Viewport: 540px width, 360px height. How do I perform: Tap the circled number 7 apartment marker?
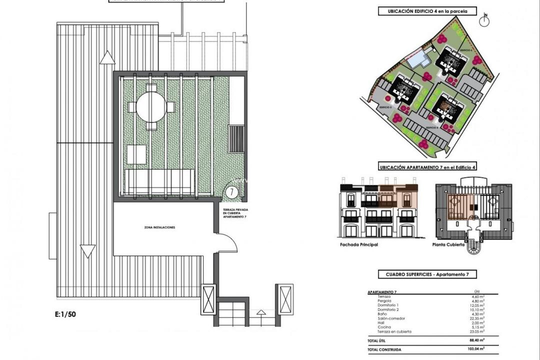[231, 191]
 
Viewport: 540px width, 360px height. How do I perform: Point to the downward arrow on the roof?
[88, 251]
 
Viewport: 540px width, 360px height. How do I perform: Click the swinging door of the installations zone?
[227, 243]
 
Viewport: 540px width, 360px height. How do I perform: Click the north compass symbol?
[483, 20]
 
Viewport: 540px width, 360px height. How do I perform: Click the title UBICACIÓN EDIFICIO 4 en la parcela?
[425, 11]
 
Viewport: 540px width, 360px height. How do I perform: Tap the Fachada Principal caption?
[358, 245]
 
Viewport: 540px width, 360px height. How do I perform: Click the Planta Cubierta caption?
[448, 245]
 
